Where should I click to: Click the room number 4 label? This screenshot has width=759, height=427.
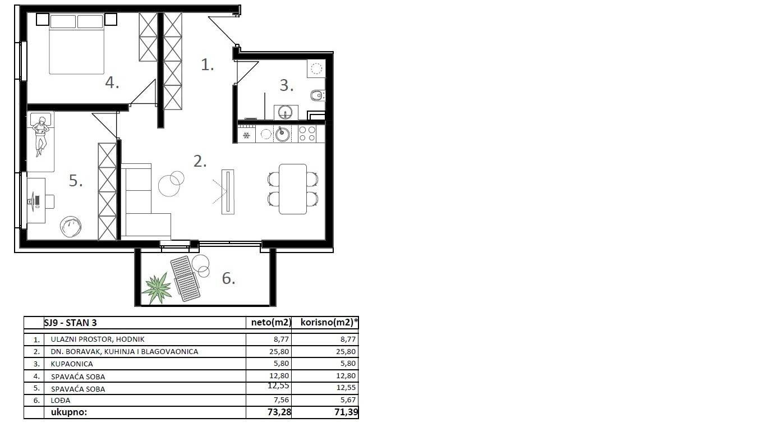[112, 83]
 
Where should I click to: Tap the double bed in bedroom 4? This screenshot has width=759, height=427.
[77, 44]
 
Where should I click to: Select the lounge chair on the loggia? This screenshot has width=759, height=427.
[185, 278]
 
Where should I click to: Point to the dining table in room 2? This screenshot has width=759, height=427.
[293, 189]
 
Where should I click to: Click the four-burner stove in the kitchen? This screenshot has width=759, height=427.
[307, 134]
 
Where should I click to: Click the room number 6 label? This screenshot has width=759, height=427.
[228, 278]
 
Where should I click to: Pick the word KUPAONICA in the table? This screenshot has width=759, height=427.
[72, 364]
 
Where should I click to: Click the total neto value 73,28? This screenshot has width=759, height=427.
[279, 412]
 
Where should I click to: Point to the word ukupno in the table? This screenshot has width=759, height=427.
[69, 412]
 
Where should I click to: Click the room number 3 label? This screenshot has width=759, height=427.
[287, 85]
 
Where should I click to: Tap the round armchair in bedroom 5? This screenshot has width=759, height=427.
[71, 227]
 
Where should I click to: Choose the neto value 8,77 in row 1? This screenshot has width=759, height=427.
[282, 339]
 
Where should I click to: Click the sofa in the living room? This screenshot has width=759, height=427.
[143, 202]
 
